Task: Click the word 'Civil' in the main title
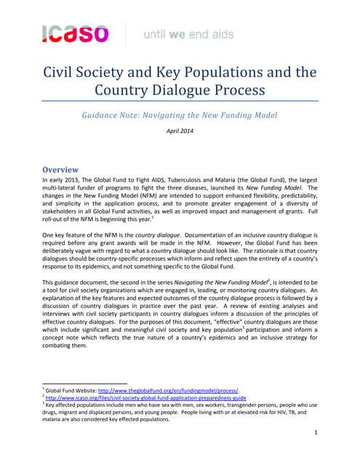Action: (x=63, y=72)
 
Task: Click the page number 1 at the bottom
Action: (x=314, y=433)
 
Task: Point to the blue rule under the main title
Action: (x=180, y=101)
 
